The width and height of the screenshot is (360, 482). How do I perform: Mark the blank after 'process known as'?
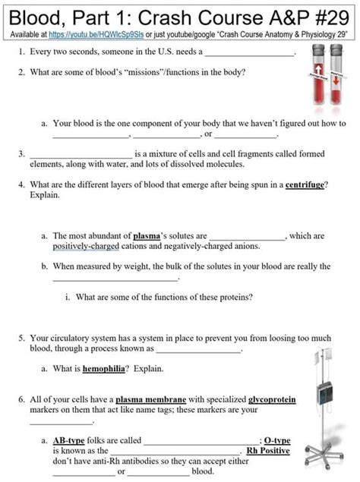pyautogui.click(x=199, y=351)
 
